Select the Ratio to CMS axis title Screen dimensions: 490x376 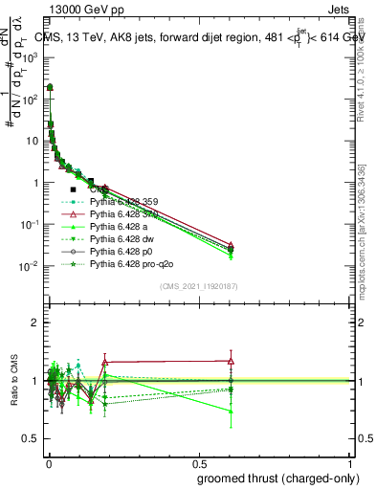point(16,382)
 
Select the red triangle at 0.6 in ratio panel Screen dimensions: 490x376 point(231,361)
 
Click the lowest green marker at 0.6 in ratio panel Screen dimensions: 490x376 point(231,412)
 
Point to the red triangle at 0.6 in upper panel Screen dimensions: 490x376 point(231,245)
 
